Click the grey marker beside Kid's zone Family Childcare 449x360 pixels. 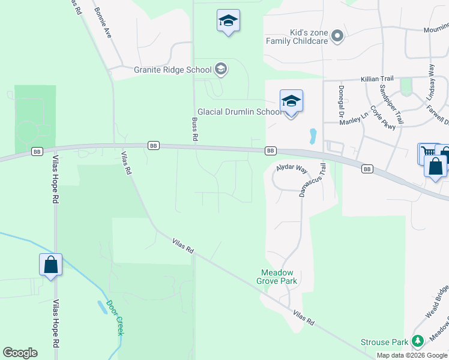[337, 36]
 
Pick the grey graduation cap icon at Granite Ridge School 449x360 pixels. [221, 70]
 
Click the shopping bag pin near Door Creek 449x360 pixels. [51, 265]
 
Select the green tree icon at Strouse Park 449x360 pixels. [417, 342]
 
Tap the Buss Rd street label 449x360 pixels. [194, 129]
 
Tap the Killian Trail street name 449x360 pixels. [376, 79]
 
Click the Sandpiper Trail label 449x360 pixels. [391, 103]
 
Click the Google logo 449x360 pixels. [20, 353]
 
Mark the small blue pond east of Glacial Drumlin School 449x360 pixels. [312, 136]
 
